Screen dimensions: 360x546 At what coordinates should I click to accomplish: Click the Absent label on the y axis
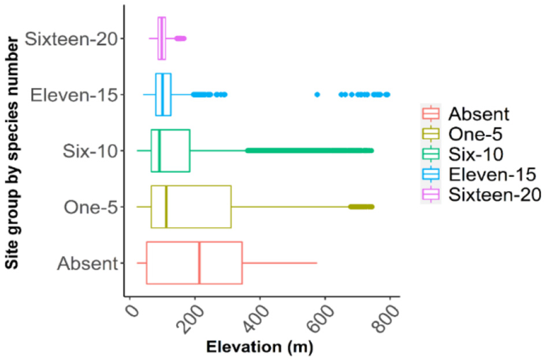click(87, 263)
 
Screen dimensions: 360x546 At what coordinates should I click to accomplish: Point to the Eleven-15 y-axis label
click(73, 94)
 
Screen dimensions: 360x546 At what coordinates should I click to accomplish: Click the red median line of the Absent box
click(199, 263)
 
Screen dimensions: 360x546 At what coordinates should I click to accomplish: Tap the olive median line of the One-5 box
click(166, 207)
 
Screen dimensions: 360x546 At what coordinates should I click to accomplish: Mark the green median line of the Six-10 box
click(159, 151)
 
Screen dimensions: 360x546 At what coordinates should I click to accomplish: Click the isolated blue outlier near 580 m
click(317, 94)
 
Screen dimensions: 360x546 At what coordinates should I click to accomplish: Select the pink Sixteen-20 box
click(162, 38)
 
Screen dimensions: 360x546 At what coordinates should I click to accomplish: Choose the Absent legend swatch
click(431, 113)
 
